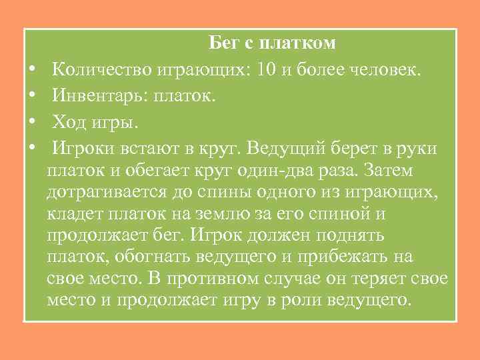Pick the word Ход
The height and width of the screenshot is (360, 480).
(x=69, y=123)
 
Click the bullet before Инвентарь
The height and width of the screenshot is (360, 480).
(x=32, y=97)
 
